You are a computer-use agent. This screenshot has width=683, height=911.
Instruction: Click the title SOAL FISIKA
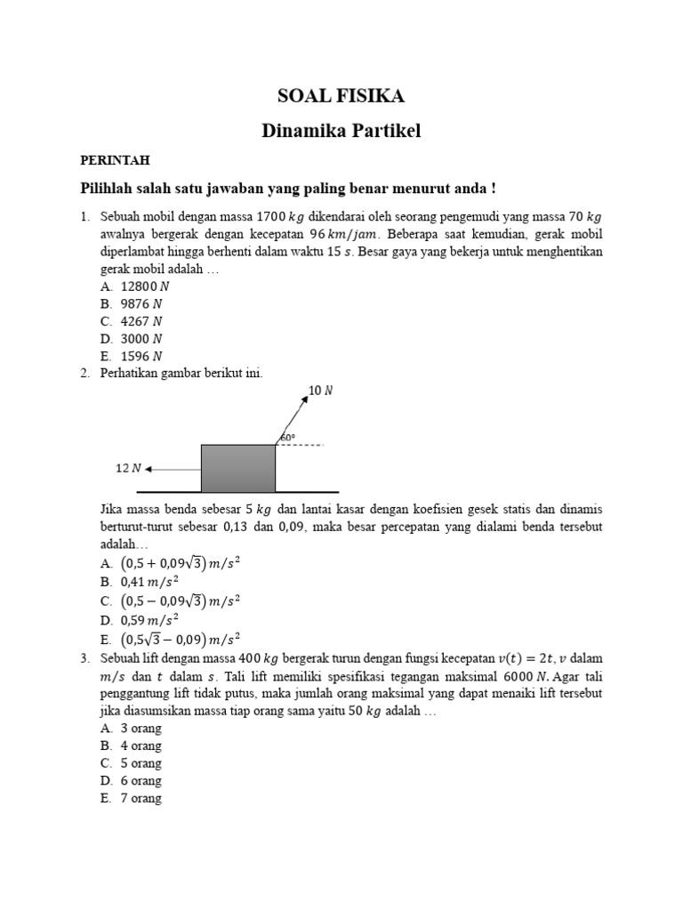[341, 96]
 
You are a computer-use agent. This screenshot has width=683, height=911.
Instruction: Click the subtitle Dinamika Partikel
[341, 131]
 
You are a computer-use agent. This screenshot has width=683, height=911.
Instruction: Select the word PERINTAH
[115, 160]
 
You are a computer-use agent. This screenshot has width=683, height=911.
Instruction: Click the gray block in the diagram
[237, 468]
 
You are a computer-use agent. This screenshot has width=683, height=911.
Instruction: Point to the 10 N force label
[321, 390]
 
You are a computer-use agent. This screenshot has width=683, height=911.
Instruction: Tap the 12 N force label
[128, 468]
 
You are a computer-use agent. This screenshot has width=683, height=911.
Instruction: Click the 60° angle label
[287, 438]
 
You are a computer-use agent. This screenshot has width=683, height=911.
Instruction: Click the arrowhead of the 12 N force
[149, 468]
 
